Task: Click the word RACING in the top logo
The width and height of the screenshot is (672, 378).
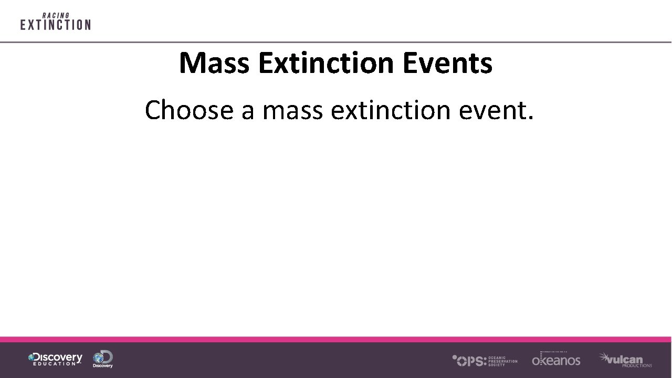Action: [56, 16]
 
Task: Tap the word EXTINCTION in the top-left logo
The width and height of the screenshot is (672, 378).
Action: [56, 25]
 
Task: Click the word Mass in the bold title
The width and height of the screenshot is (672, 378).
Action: [215, 63]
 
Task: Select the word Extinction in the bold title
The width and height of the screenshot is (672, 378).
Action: [326, 63]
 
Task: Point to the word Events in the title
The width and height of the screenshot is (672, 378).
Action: [448, 63]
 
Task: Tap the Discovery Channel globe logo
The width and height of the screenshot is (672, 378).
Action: [103, 359]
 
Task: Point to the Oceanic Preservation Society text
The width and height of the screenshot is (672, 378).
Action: [502, 361]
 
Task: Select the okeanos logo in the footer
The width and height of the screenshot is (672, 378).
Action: [556, 360]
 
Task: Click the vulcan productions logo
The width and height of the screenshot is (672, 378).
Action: [626, 360]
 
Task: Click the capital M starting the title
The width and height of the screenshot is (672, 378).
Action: [191, 63]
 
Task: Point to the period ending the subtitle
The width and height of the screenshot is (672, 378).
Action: [530, 119]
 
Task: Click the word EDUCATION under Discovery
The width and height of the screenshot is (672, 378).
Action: [55, 364]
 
